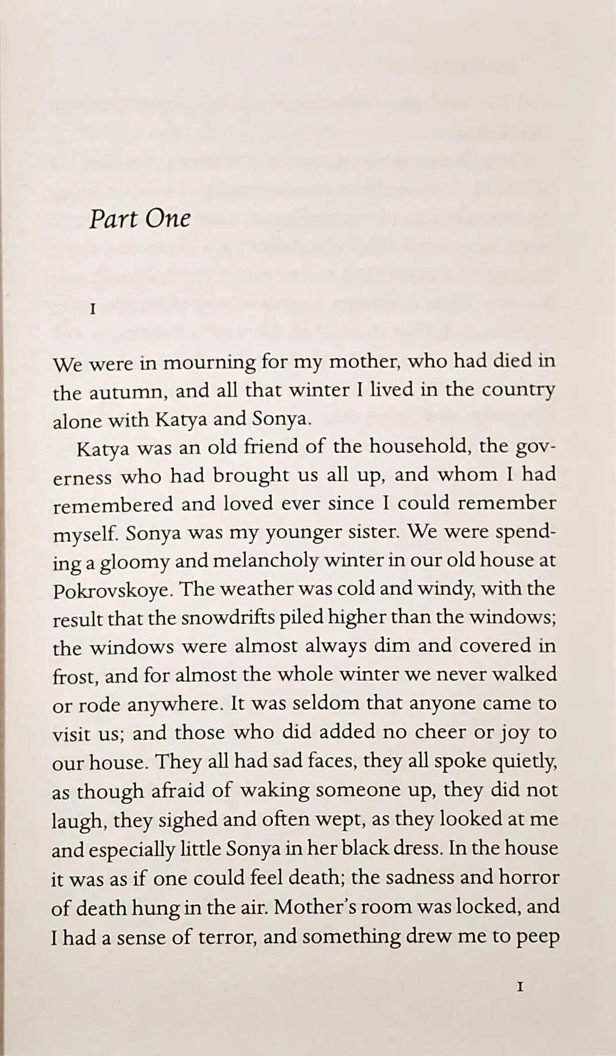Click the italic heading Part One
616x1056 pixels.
(x=140, y=219)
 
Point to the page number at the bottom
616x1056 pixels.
(x=520, y=987)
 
